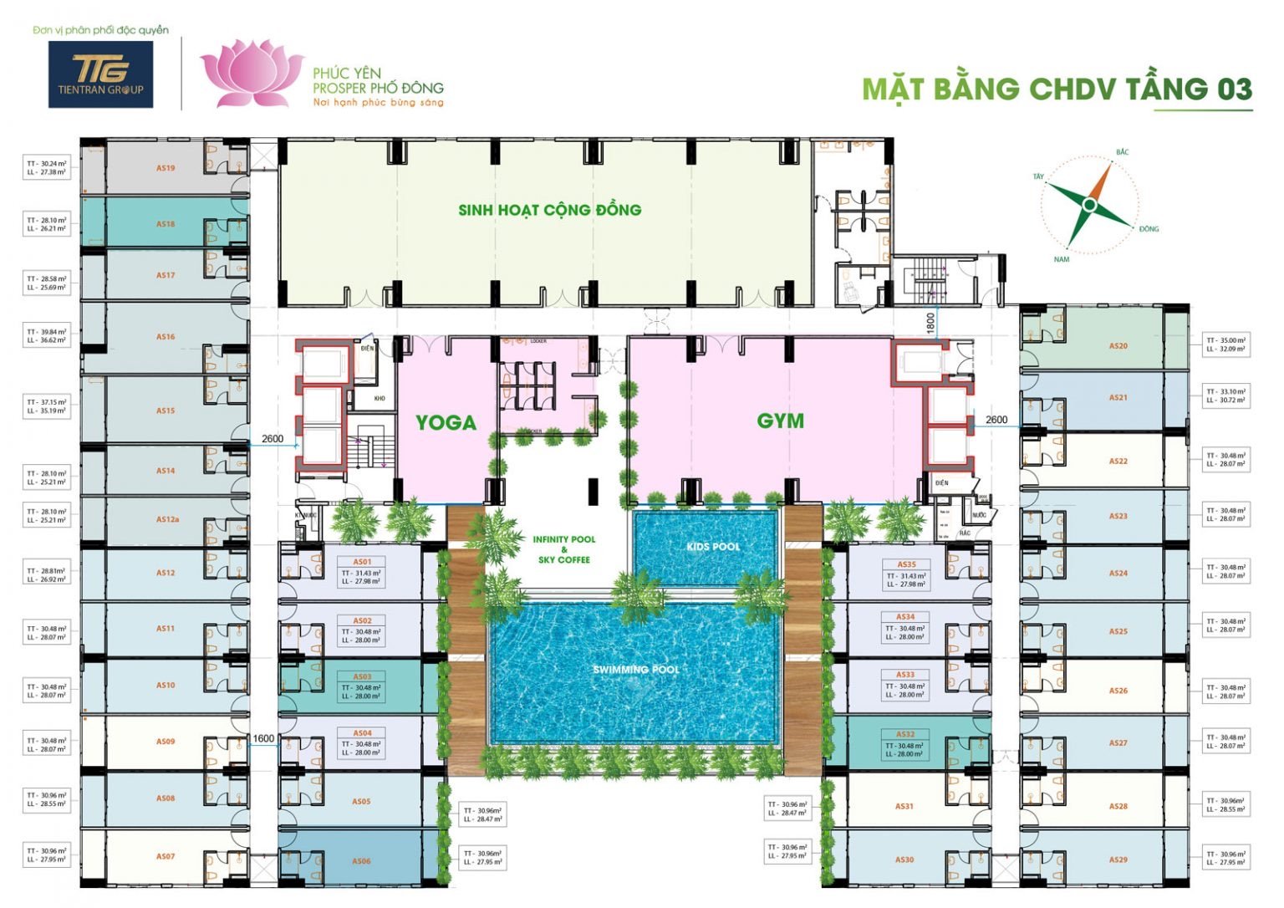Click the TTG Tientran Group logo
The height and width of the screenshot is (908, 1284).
(x=100, y=74)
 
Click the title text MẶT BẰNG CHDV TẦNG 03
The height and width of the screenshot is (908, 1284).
(x=1057, y=89)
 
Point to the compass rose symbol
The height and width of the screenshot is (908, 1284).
(x=1089, y=205)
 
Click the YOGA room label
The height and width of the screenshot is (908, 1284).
(x=446, y=422)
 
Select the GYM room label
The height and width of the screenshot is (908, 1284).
(x=780, y=421)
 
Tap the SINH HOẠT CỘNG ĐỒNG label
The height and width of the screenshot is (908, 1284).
(x=549, y=210)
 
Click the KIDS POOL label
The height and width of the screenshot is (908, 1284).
(x=713, y=547)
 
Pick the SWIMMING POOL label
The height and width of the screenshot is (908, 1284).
(x=635, y=670)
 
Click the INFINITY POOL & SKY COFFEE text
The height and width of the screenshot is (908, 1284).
(x=564, y=549)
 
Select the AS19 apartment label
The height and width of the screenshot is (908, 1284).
(x=166, y=168)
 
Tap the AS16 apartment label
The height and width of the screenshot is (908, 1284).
(x=166, y=337)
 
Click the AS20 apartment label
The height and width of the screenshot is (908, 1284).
(x=1118, y=345)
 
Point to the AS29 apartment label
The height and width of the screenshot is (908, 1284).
(x=1118, y=860)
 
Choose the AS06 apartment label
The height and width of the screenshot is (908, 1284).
(x=361, y=861)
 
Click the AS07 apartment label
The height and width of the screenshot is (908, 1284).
(x=166, y=856)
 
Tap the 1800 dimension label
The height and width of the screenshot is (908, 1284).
(x=930, y=324)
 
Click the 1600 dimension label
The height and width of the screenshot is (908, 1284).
(x=263, y=738)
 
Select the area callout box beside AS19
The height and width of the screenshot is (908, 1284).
(x=47, y=168)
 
